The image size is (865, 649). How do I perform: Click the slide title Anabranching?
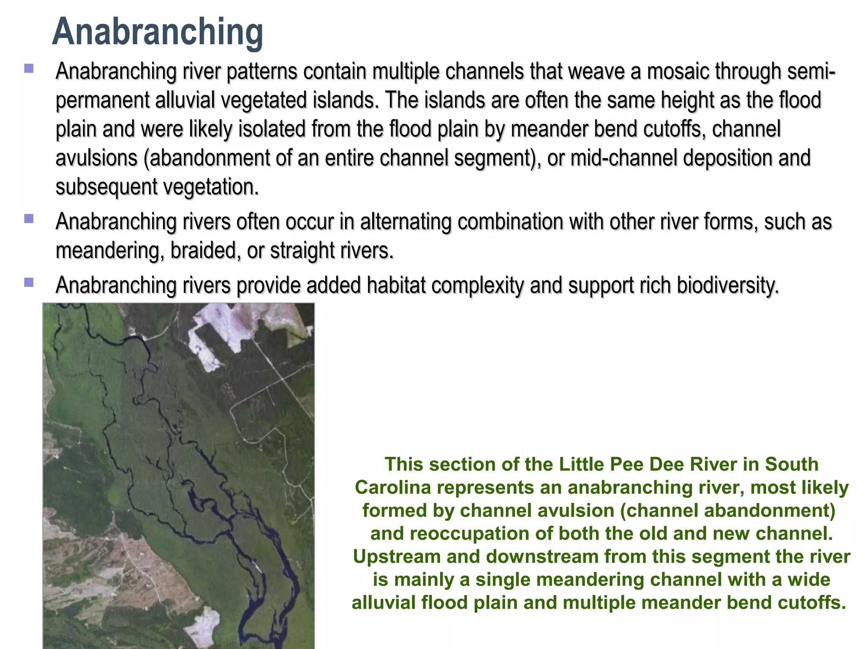pyautogui.click(x=158, y=32)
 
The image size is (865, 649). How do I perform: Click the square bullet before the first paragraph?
pyautogui.click(x=29, y=68)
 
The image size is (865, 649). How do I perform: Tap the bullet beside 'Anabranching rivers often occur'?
pyautogui.click(x=29, y=218)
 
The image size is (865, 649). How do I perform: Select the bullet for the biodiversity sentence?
pyautogui.click(x=29, y=282)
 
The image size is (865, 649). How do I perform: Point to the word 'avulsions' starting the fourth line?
pyautogui.click(x=97, y=158)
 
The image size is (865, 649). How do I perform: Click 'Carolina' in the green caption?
pyautogui.click(x=393, y=488)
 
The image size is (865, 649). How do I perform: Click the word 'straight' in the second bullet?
pyautogui.click(x=303, y=251)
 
